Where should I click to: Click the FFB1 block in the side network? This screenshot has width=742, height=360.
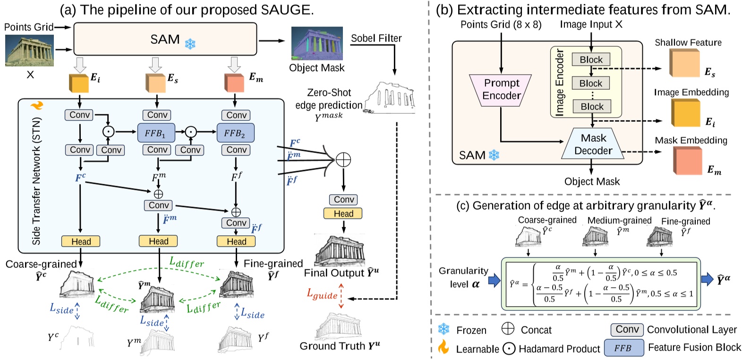[x=156, y=133]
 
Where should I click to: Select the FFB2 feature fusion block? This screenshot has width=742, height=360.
[x=235, y=133]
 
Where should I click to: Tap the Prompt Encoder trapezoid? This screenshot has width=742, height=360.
[x=501, y=90]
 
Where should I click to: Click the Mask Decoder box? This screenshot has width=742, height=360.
[x=593, y=144]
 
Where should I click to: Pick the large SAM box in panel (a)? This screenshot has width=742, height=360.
[x=165, y=39]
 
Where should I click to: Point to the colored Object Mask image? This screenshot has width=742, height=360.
[x=316, y=43]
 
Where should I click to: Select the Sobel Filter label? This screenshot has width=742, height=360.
[x=376, y=38]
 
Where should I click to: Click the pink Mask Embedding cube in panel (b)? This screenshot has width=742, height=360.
[x=687, y=161]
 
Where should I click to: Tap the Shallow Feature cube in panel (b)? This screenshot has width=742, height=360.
[x=684, y=63]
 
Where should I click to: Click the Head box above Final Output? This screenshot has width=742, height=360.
[x=343, y=214]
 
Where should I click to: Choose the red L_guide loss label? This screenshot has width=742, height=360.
[x=323, y=295]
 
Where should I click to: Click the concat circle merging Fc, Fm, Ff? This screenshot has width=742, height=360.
[x=343, y=160]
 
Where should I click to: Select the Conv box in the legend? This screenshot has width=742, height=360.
[x=627, y=329]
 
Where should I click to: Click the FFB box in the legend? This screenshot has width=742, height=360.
[x=623, y=348]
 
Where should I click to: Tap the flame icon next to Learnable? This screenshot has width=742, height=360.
[x=443, y=347]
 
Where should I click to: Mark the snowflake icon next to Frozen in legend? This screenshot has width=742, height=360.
[x=443, y=329]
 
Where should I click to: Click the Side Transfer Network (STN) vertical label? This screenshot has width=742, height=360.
[x=36, y=180]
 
